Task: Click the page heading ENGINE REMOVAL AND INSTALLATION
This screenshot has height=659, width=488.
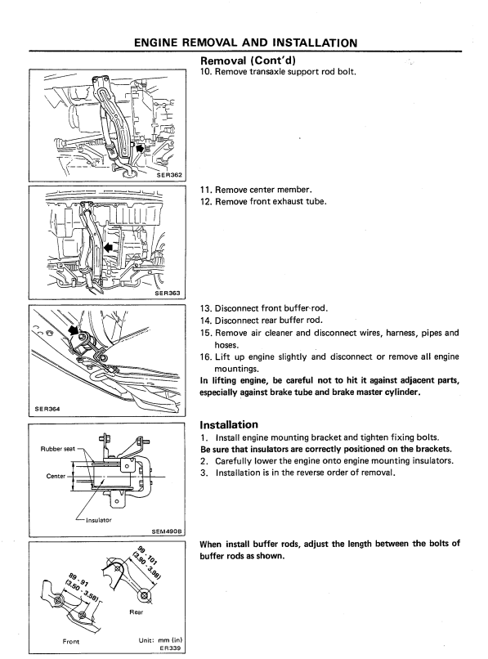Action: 245,43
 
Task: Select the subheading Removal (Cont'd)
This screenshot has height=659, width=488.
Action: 248,61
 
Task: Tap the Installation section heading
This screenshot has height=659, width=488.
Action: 229,424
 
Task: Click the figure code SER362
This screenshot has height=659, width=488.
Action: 169,175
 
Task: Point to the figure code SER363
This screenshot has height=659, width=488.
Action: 168,293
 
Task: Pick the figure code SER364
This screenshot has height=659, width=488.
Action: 47,409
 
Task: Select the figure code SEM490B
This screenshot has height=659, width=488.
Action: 167,531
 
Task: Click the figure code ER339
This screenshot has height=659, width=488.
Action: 170,648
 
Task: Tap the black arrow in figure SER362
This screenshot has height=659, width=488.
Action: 138,148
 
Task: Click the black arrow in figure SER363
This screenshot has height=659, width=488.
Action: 110,248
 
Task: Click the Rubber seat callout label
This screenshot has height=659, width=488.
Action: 57,449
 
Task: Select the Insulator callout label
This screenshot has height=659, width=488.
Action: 99,520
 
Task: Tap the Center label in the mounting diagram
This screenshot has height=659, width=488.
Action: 56,476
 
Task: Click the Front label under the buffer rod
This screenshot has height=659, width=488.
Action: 70,641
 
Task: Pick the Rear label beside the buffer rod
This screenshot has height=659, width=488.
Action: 137,612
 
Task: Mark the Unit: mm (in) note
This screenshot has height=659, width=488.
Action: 160,640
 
